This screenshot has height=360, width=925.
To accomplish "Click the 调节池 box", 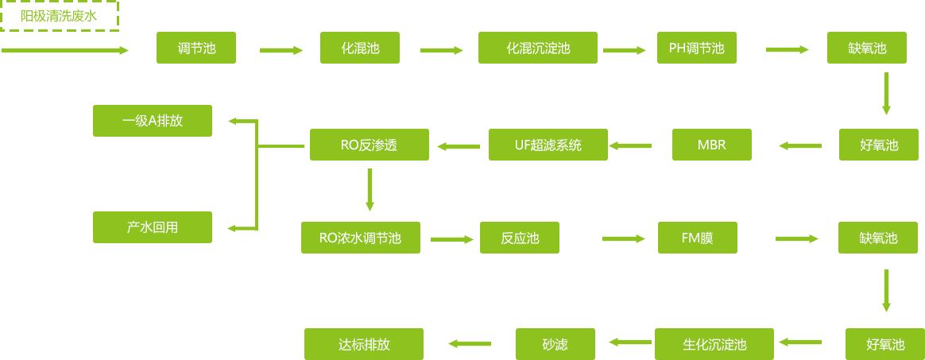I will pos(196,48).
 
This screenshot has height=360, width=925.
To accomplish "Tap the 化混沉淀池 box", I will pos(537,48).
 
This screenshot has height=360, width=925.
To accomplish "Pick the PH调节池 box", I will pos(696,48).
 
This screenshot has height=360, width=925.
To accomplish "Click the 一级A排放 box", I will pos(152,121).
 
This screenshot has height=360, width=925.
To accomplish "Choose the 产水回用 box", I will pos(152,227).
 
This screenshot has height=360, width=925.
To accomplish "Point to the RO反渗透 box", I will pos(369,145).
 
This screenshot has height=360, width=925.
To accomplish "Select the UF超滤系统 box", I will pos(548,145).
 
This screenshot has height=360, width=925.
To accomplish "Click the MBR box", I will pos(711,145).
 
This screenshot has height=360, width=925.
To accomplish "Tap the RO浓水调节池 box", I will pos(360,238).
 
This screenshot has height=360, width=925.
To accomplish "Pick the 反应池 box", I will pos(519,238).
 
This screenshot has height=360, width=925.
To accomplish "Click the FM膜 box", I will pos(697,238).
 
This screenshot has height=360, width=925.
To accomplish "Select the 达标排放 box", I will pos(363,344).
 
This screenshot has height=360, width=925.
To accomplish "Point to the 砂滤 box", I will pos(555,344).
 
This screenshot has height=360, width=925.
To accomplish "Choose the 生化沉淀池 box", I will pos(714,344).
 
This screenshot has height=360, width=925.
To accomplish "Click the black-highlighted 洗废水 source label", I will pos(63,16).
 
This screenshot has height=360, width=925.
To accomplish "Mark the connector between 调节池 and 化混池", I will pos(281,50).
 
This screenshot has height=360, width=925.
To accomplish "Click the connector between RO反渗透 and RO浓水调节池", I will pos(370,191).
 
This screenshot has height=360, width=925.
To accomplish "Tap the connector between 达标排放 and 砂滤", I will pos(469,343).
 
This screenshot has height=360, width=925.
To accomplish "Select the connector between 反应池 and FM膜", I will pos(623,238).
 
